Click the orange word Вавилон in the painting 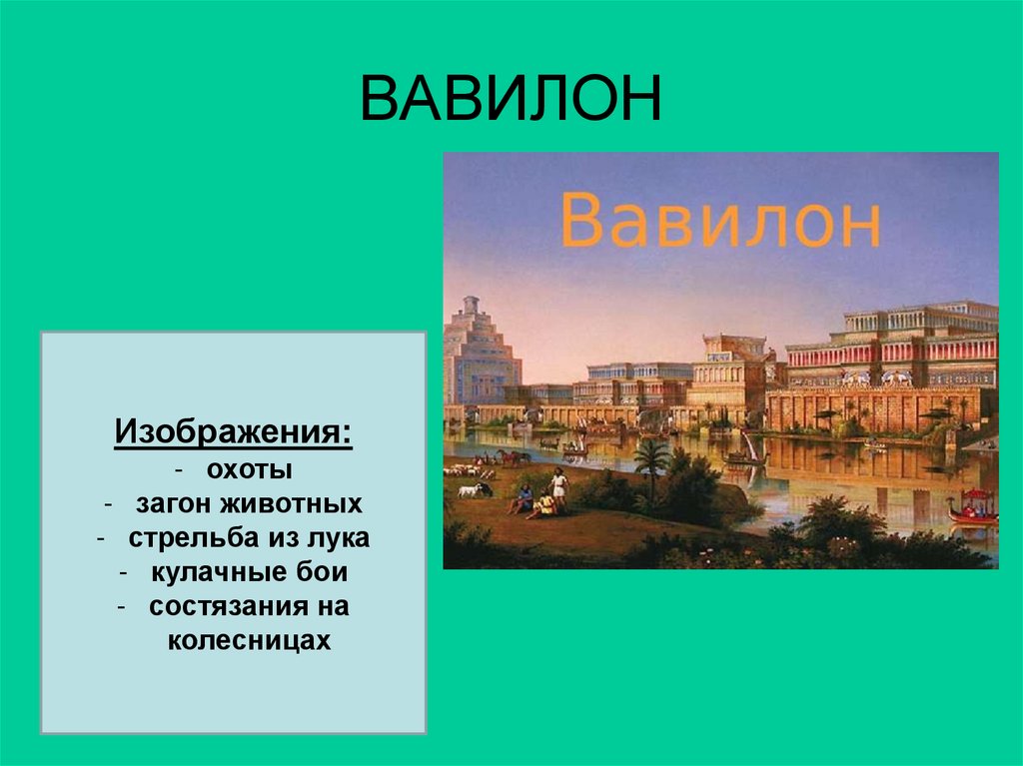click(719, 221)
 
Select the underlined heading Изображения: click(233, 433)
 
